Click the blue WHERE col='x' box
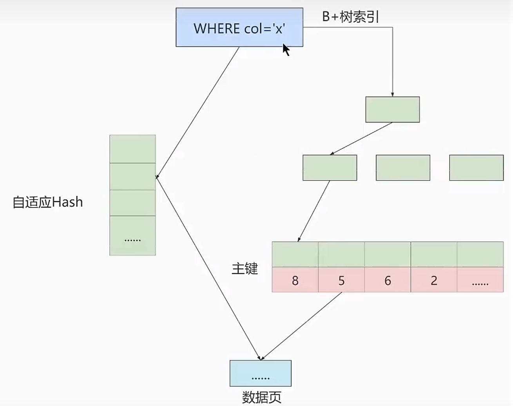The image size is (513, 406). pos(239,27)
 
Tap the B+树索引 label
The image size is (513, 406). pos(350,17)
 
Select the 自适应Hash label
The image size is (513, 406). pos(48,202)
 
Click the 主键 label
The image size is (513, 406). pos(245,269)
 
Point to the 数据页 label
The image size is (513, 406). pos(261,397)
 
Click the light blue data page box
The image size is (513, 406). pos(260,373)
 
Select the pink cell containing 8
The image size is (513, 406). pos(295,280)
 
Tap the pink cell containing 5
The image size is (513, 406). pos(341,280)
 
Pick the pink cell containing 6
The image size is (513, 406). pos(388,280)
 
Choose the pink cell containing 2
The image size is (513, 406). pos(434,280)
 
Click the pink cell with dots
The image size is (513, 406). pos(480,280)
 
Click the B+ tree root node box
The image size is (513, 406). pos(392,109)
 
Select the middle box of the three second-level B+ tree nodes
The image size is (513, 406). pos(403,167)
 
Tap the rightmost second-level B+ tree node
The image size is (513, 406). pos(476,167)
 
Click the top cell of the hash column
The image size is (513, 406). pos(132,149)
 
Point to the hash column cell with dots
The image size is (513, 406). pos(132,236)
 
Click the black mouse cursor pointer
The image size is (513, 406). pos(286,49)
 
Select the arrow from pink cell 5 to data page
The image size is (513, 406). pos(302,326)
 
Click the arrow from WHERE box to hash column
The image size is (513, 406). pos(198,112)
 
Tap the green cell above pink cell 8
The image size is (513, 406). pos(295,255)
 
